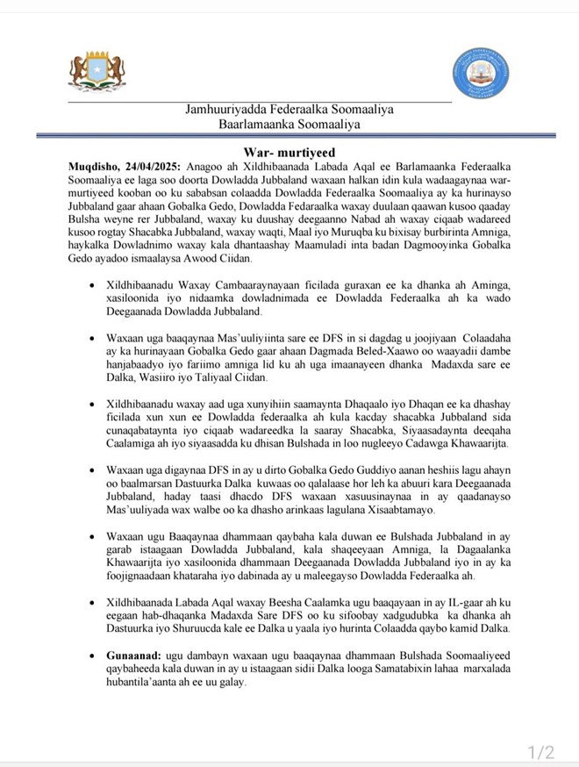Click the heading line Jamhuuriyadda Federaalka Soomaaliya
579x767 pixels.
pos(289,110)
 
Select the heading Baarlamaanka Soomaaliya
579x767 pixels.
pos(289,125)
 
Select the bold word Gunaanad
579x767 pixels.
pos(133,656)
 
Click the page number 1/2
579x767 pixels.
pos(540,752)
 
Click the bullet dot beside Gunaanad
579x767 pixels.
pos(93,656)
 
